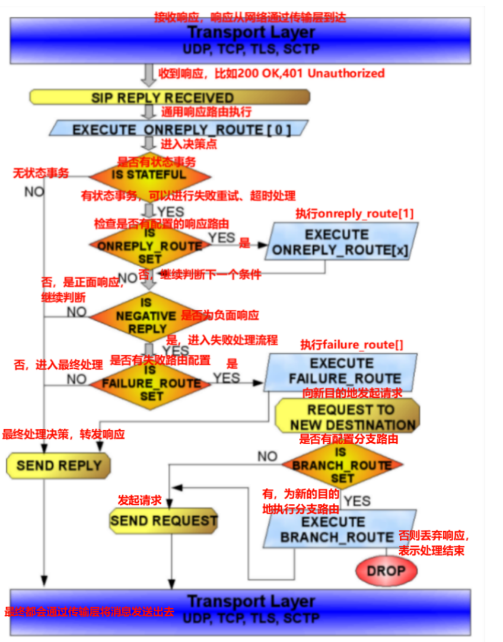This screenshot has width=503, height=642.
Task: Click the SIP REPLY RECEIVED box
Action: tap(170, 97)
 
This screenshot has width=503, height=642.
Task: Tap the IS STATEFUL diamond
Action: tap(150, 175)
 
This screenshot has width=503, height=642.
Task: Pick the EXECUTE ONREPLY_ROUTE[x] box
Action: tap(340, 242)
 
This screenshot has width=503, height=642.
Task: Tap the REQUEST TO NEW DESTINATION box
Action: tap(348, 417)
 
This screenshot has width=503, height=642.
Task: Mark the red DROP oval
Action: tap(386, 571)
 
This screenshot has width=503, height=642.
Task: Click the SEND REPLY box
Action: tap(59, 465)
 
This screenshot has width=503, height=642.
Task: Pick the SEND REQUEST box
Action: tap(164, 521)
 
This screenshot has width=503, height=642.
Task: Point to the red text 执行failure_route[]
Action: tap(352, 345)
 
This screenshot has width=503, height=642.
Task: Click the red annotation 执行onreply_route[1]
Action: tap(355, 213)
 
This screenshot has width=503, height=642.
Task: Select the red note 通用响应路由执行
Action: tap(206, 112)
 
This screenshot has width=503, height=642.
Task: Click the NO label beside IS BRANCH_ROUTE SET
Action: tap(268, 456)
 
